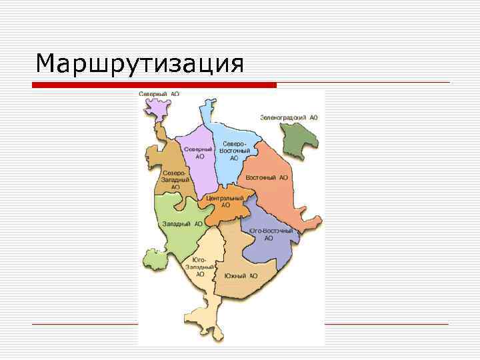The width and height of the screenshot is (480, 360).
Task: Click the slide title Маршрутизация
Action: [x=140, y=65]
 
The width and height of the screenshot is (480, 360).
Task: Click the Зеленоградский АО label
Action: [x=289, y=117]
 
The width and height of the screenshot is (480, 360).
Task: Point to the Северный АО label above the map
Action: [x=159, y=95]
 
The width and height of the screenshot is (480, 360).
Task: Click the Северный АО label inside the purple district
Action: [x=199, y=153]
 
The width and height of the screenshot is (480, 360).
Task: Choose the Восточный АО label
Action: [x=267, y=178]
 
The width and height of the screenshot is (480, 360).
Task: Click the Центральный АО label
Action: [x=225, y=201]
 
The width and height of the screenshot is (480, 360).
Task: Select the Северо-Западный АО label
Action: [x=175, y=180]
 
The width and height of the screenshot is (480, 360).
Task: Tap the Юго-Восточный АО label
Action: [x=270, y=234]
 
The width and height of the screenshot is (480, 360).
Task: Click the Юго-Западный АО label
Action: [x=200, y=267]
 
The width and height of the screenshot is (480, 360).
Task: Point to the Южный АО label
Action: [x=241, y=275]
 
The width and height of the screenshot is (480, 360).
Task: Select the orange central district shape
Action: [x=230, y=212]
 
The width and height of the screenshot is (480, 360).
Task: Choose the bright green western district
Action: [x=170, y=240]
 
